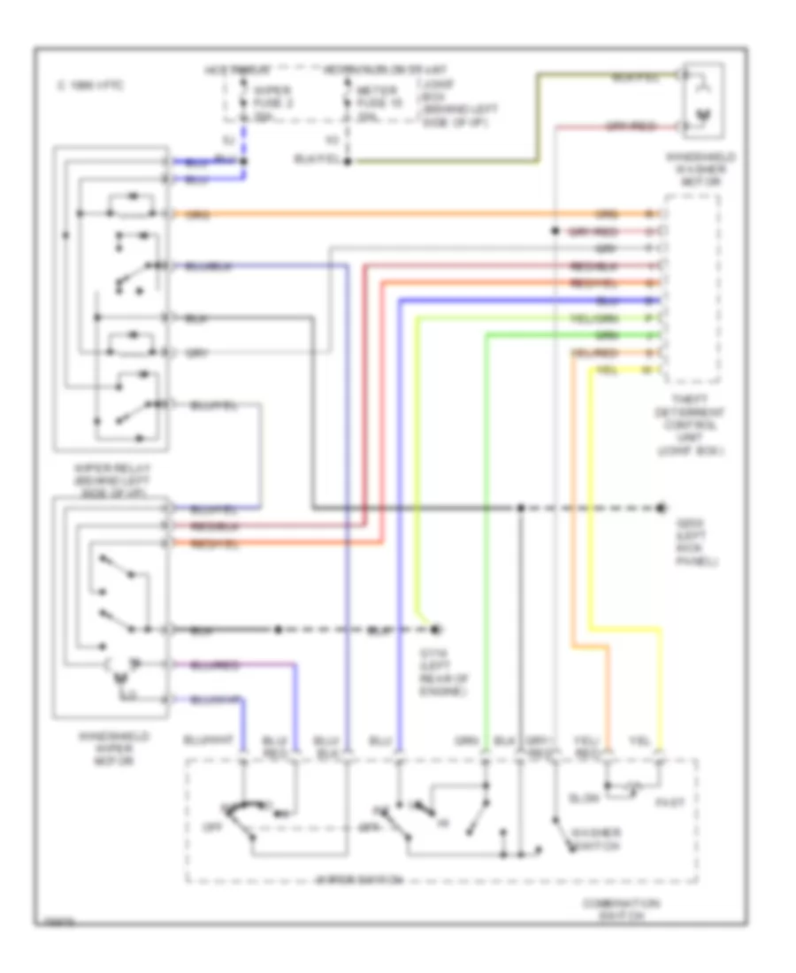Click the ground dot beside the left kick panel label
coord(661,508)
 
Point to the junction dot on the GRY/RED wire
coord(554,230)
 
